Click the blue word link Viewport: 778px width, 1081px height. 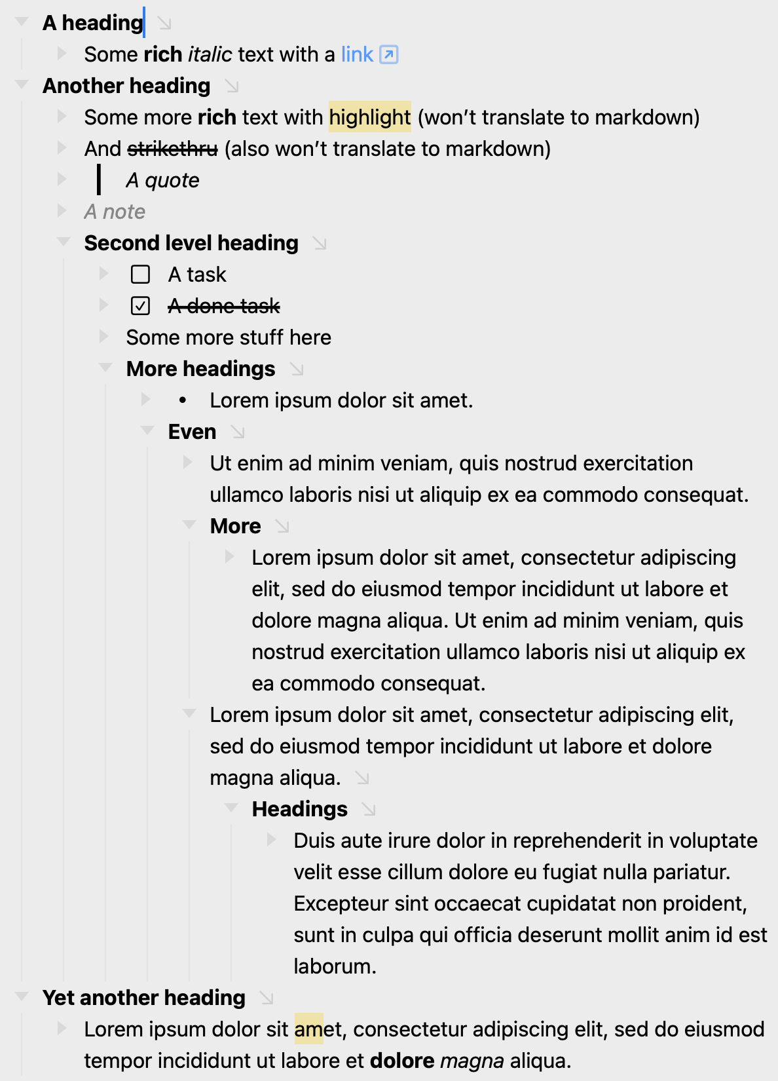[x=357, y=54]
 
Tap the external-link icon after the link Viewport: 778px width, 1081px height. [x=389, y=54]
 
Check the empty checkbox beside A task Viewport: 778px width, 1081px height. [x=141, y=275]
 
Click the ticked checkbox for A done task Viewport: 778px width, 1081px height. [x=141, y=306]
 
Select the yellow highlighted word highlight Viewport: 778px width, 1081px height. [x=369, y=117]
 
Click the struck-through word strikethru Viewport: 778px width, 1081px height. [x=172, y=149]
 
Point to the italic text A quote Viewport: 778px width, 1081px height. [x=162, y=180]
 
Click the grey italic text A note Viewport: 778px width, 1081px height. [x=115, y=212]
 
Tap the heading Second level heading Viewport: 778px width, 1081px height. [x=191, y=243]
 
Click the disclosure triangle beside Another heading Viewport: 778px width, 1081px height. [x=22, y=85]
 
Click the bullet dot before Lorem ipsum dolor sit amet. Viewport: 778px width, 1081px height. [x=183, y=400]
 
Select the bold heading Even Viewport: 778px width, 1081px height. [x=192, y=432]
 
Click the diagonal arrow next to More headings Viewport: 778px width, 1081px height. [x=297, y=370]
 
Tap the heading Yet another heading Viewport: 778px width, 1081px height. [x=144, y=998]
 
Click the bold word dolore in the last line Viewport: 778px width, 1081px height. [x=402, y=1061]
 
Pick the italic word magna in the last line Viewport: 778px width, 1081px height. [x=472, y=1061]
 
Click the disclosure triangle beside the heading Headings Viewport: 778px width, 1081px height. [x=231, y=808]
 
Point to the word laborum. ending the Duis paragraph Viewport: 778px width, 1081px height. [x=335, y=966]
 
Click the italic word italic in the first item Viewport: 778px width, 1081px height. [x=210, y=54]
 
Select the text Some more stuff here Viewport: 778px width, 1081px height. [x=229, y=337]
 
